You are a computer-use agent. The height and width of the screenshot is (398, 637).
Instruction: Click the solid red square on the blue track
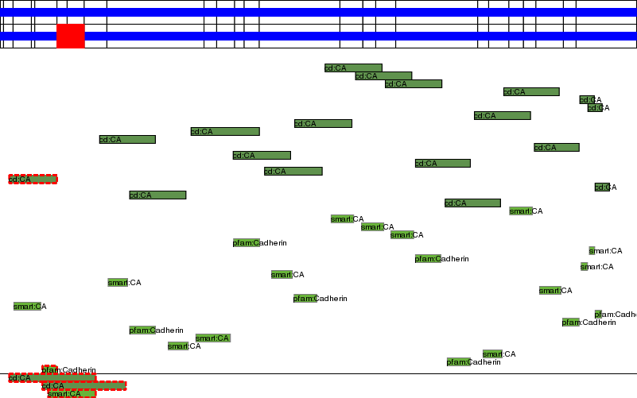pyautogui.click(x=71, y=37)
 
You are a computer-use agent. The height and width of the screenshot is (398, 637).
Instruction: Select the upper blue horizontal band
pyautogui.click(x=318, y=13)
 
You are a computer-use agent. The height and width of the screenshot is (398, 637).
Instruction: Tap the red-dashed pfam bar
pyautogui.click(x=49, y=370)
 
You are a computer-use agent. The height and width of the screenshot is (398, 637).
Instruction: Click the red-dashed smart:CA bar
pyautogui.click(x=72, y=394)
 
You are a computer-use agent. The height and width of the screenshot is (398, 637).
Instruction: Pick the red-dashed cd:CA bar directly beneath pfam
pyautogui.click(x=52, y=378)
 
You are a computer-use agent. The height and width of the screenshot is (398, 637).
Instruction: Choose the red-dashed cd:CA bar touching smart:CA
pyautogui.click(x=84, y=386)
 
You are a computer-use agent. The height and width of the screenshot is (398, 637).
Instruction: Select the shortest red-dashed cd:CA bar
pyautogui.click(x=33, y=180)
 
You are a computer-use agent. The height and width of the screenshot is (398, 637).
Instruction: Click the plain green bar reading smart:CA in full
pyautogui.click(x=212, y=338)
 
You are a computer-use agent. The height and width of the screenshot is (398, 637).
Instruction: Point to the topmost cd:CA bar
pyautogui.click(x=353, y=68)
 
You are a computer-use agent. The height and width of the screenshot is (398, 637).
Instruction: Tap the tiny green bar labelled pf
pyautogui.click(x=598, y=315)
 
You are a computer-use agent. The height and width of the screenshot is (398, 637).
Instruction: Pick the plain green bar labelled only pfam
pyautogui.click(x=571, y=323)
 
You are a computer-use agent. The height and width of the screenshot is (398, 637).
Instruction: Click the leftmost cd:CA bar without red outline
pyautogui.click(x=127, y=140)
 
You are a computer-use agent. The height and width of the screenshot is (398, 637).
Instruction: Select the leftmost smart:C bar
pyautogui.click(x=27, y=307)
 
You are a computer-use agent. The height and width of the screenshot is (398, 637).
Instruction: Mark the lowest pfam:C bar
pyautogui.click(x=458, y=362)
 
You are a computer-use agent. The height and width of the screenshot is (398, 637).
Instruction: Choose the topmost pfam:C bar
pyautogui.click(x=246, y=243)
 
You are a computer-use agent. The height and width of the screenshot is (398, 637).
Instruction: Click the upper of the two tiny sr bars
pyautogui.click(x=592, y=251)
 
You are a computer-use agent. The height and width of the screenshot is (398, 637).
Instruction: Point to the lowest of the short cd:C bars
pyautogui.click(x=602, y=187)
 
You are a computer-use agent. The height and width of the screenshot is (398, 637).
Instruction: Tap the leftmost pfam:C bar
pyautogui.click(x=142, y=330)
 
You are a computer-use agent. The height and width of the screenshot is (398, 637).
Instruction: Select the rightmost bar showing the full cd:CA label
pyautogui.click(x=556, y=148)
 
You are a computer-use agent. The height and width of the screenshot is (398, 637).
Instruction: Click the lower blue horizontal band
pyautogui.click(x=318, y=37)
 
